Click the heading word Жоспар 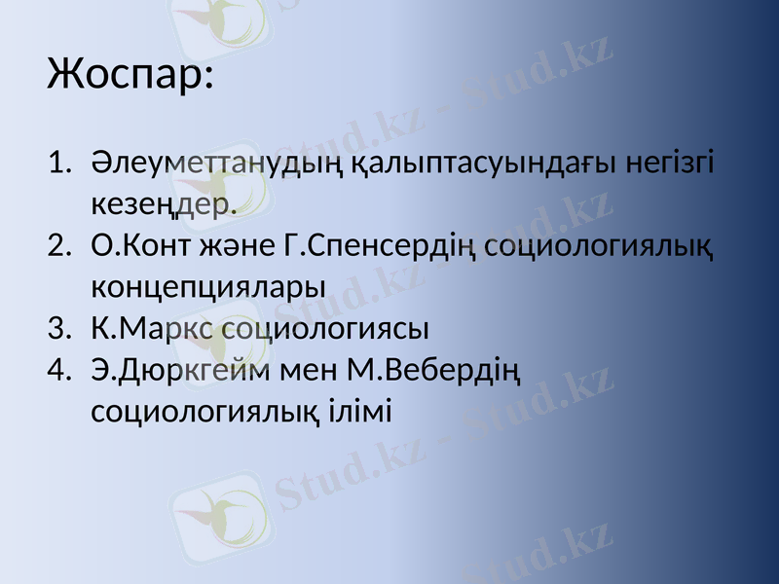pyautogui.click(x=128, y=75)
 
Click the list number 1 pyautogui.click(x=58, y=163)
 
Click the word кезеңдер pyautogui.click(x=164, y=205)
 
